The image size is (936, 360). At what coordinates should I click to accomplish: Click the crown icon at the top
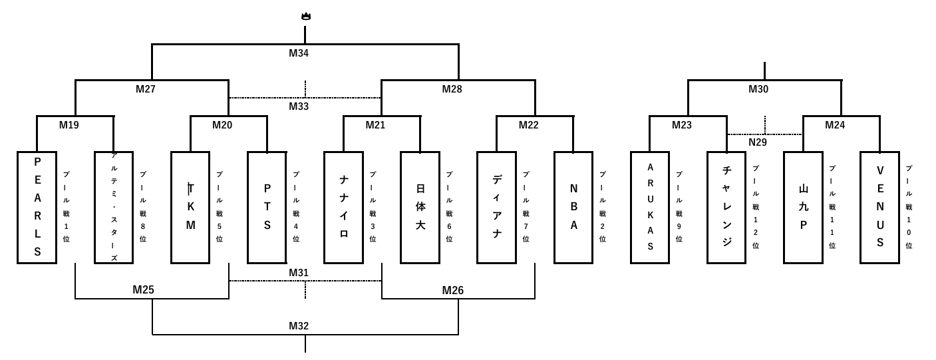point(306,17)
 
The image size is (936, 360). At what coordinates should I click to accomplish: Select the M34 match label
point(299,53)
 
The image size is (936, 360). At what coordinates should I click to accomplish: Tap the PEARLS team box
point(37,208)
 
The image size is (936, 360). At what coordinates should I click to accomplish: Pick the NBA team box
point(573,208)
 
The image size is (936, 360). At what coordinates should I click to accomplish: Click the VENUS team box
point(879,208)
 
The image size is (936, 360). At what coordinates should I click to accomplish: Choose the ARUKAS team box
point(650,208)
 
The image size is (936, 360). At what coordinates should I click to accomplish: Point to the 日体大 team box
point(420,208)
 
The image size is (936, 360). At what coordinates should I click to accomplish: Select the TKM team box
point(190,208)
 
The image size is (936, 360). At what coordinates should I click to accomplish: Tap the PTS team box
point(267,208)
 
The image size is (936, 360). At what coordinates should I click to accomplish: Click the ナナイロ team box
point(343,208)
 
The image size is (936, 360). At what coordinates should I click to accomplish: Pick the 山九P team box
point(803,208)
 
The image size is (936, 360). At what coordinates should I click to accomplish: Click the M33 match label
point(299,106)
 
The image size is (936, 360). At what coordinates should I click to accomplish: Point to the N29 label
point(758,142)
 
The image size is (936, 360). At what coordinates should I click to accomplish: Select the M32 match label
point(299,325)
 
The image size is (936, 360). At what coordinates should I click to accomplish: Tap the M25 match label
point(143,289)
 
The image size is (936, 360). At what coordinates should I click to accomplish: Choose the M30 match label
point(758,89)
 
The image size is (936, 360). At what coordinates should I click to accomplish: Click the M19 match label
point(69,125)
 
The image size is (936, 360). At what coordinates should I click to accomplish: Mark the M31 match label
point(299,273)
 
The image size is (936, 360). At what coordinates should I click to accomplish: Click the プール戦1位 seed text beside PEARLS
point(67,206)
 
